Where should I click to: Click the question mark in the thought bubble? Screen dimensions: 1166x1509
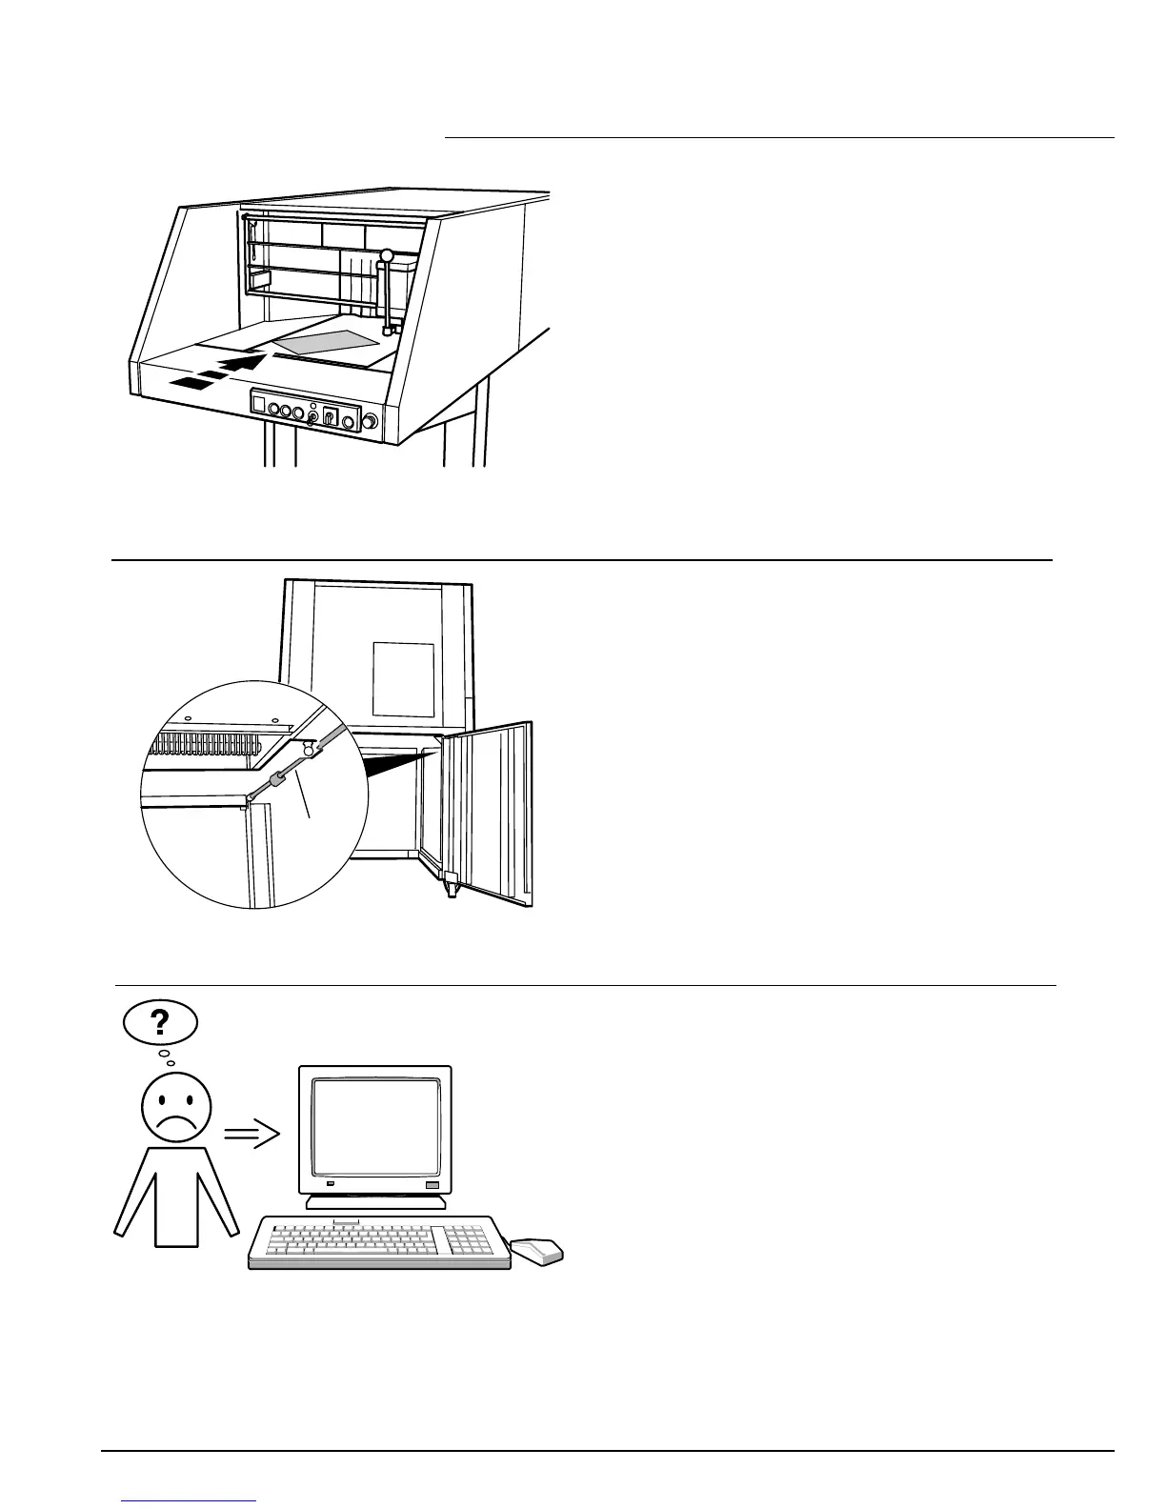tap(160, 1022)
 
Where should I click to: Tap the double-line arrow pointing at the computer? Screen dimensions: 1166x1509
tap(251, 1134)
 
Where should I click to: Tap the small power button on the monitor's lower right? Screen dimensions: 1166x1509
tap(433, 1184)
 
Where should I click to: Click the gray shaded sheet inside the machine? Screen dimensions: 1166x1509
tap(324, 341)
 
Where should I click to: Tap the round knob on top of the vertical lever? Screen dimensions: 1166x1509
tap(387, 255)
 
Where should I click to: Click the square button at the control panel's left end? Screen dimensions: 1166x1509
tap(259, 405)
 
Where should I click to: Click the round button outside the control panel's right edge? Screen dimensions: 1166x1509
tap(371, 421)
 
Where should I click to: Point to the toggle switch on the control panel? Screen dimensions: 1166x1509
tap(330, 417)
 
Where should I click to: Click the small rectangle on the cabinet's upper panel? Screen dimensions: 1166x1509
tap(403, 679)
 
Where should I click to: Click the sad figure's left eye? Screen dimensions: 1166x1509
tap(162, 1104)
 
